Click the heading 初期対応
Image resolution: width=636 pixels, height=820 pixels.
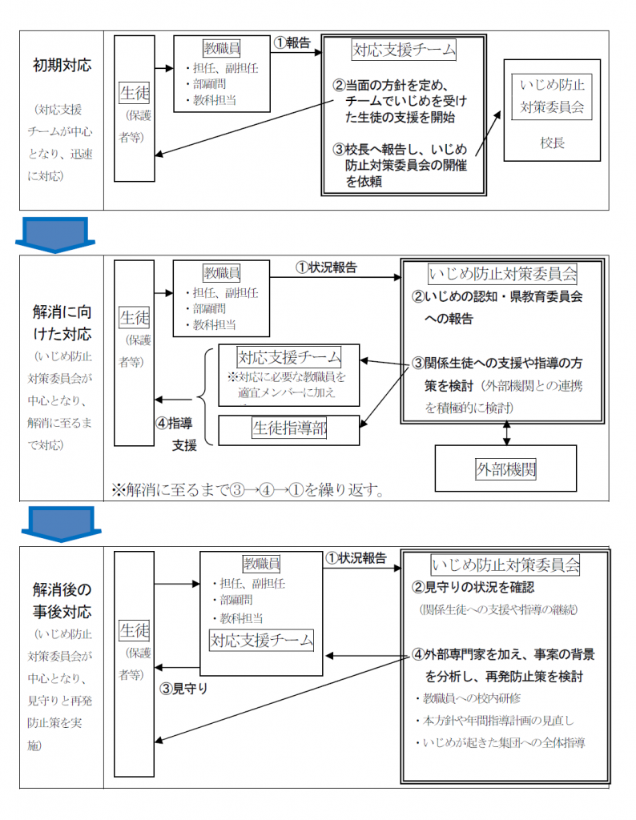pyautogui.click(x=62, y=65)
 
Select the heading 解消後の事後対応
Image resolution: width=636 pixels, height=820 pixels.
pyautogui.click(x=62, y=601)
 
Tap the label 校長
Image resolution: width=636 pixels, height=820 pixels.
pyautogui.click(x=552, y=143)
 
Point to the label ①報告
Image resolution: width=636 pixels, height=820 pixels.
pyautogui.click(x=292, y=43)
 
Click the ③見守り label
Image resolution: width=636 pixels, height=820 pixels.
pyautogui.click(x=185, y=687)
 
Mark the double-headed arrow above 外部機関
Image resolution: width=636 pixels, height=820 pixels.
pyautogui.click(x=505, y=432)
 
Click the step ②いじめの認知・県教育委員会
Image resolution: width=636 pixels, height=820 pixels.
pyautogui.click(x=497, y=296)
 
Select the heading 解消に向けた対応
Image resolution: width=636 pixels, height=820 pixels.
pyautogui.click(x=62, y=321)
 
